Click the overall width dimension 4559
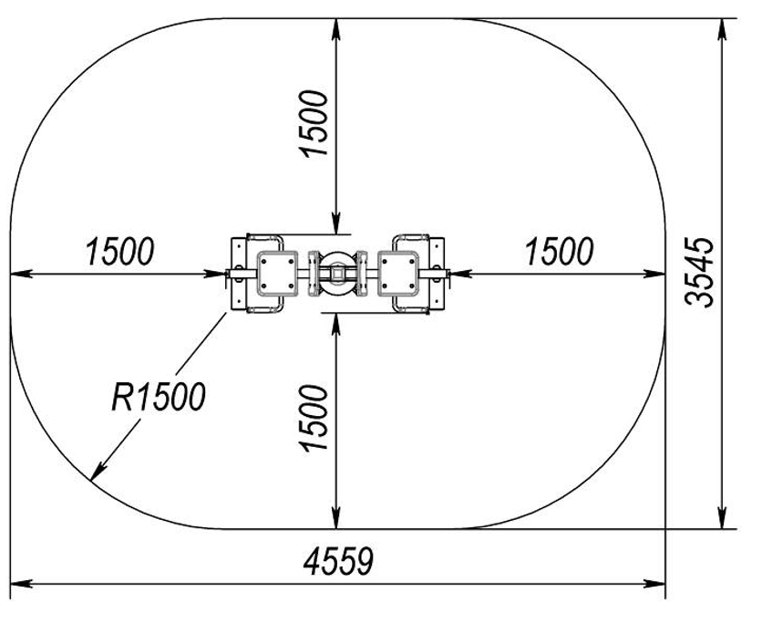338,562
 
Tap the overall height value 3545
699,273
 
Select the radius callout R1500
159,397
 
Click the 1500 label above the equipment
314,123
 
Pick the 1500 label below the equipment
314,418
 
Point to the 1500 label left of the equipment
119,252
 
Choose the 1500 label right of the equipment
560,252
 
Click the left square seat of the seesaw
276,274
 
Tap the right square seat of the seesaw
398,274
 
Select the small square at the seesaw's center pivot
336,274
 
